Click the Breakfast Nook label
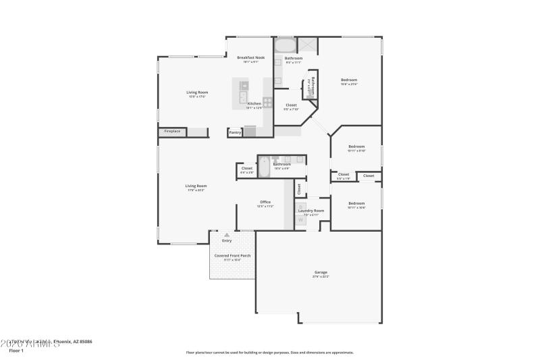pyautogui.click(x=250, y=58)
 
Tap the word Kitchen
pyautogui.click(x=254, y=103)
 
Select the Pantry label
pyautogui.click(x=235, y=132)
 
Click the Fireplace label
pyautogui.click(x=172, y=131)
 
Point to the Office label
pyautogui.click(x=265, y=202)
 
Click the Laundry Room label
pyautogui.click(x=311, y=211)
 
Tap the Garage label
pyautogui.click(x=321, y=272)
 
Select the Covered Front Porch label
pyautogui.click(x=232, y=256)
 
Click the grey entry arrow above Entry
pyautogui.click(x=227, y=235)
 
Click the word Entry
pyautogui.click(x=227, y=240)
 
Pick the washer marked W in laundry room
pyautogui.click(x=301, y=220)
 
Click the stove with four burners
pyautogui.click(x=267, y=103)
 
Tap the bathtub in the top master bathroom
pyautogui.click(x=285, y=46)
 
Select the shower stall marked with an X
pyautogui.click(x=307, y=45)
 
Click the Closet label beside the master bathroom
pyautogui.click(x=291, y=105)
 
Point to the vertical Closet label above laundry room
pyautogui.click(x=299, y=189)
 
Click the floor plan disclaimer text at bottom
pyautogui.click(x=269, y=352)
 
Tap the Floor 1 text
pyautogui.click(x=16, y=351)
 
